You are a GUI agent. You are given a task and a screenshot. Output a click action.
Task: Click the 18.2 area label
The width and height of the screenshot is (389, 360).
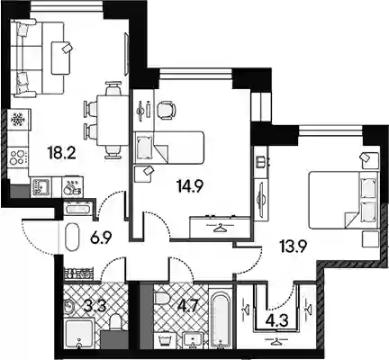click(62, 153)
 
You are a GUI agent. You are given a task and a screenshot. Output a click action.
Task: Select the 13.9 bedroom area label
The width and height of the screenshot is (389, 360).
click(293, 247)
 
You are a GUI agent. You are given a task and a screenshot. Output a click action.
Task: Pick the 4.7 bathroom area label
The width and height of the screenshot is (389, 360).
click(188, 307)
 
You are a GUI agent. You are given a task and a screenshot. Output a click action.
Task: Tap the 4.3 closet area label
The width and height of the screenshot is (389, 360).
click(277, 320)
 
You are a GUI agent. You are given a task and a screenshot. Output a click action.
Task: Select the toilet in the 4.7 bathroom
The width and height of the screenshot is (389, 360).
click(162, 299)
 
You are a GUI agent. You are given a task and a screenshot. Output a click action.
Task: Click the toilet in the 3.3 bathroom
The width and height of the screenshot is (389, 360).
click(116, 322)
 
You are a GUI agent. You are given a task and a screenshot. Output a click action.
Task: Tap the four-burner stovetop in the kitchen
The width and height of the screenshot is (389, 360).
click(18, 157)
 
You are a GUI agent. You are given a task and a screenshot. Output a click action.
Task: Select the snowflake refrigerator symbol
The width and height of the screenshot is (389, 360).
click(18, 120)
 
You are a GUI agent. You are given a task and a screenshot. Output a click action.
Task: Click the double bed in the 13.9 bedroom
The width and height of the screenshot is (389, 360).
click(343, 200)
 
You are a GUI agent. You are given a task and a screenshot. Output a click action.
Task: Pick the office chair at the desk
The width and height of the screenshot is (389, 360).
click(167, 110)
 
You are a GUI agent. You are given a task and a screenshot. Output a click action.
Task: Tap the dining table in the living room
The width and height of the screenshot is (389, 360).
click(110, 121)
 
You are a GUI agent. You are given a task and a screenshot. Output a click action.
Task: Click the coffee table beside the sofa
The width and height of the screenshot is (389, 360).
click(61, 58)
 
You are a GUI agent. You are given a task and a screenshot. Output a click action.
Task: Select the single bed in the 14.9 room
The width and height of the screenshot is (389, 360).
click(169, 148)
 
